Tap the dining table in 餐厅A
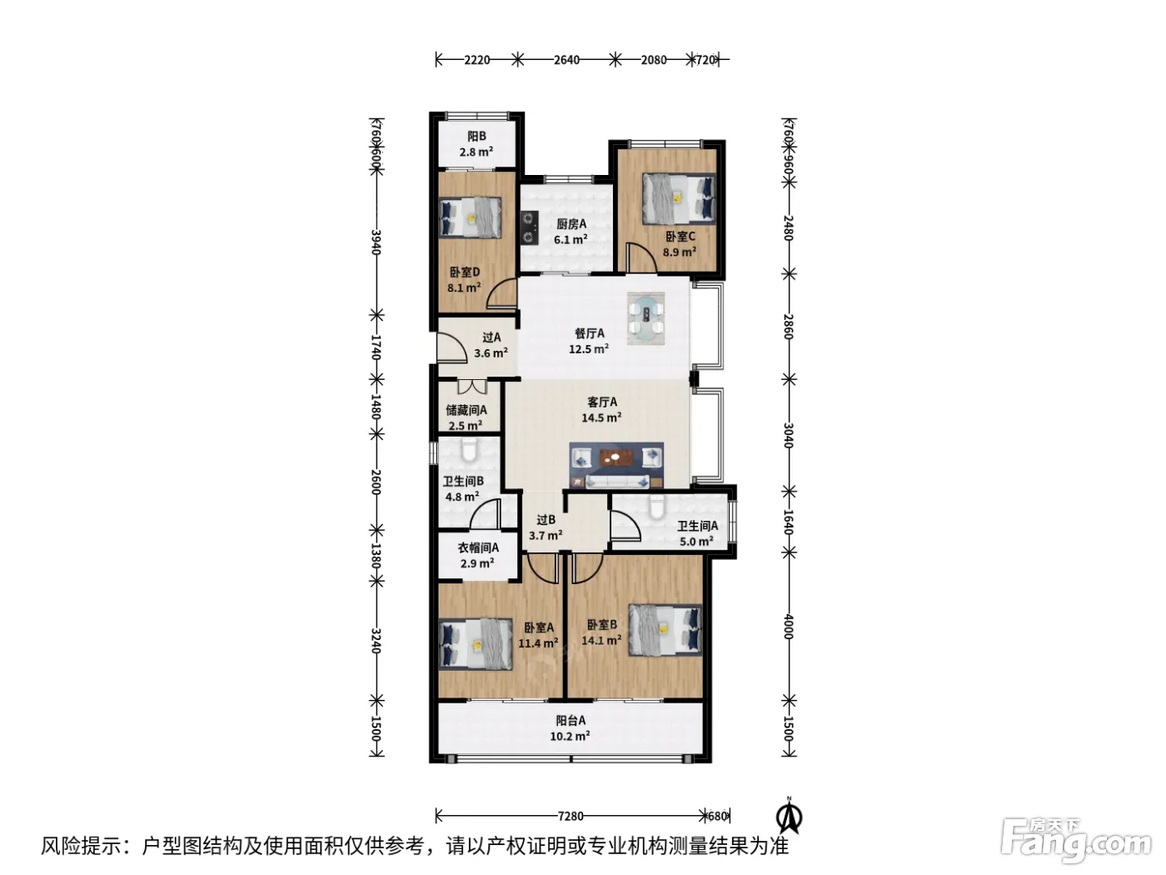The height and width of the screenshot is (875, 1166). [x=645, y=318]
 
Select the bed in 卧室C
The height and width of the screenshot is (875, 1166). [x=678, y=198]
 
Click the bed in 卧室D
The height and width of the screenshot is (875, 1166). [x=471, y=217]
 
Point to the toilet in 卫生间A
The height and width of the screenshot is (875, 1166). [x=657, y=507]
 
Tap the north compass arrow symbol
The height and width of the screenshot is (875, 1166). [x=789, y=816]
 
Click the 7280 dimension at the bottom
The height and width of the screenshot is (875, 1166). [x=571, y=816]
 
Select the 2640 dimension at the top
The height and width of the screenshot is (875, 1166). [x=566, y=60]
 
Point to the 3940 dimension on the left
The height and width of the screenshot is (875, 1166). [x=376, y=242]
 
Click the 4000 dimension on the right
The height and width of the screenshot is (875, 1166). [x=789, y=627]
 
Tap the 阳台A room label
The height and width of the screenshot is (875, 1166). [x=571, y=720]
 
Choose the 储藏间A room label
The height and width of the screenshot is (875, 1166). [x=466, y=410]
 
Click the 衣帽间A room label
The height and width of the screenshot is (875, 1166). [x=478, y=547]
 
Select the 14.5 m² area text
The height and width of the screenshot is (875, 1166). [x=601, y=417]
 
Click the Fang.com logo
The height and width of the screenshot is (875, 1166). [x=1075, y=842]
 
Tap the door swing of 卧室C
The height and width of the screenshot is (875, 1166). [x=641, y=258]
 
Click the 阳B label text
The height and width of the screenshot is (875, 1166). [x=476, y=137]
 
